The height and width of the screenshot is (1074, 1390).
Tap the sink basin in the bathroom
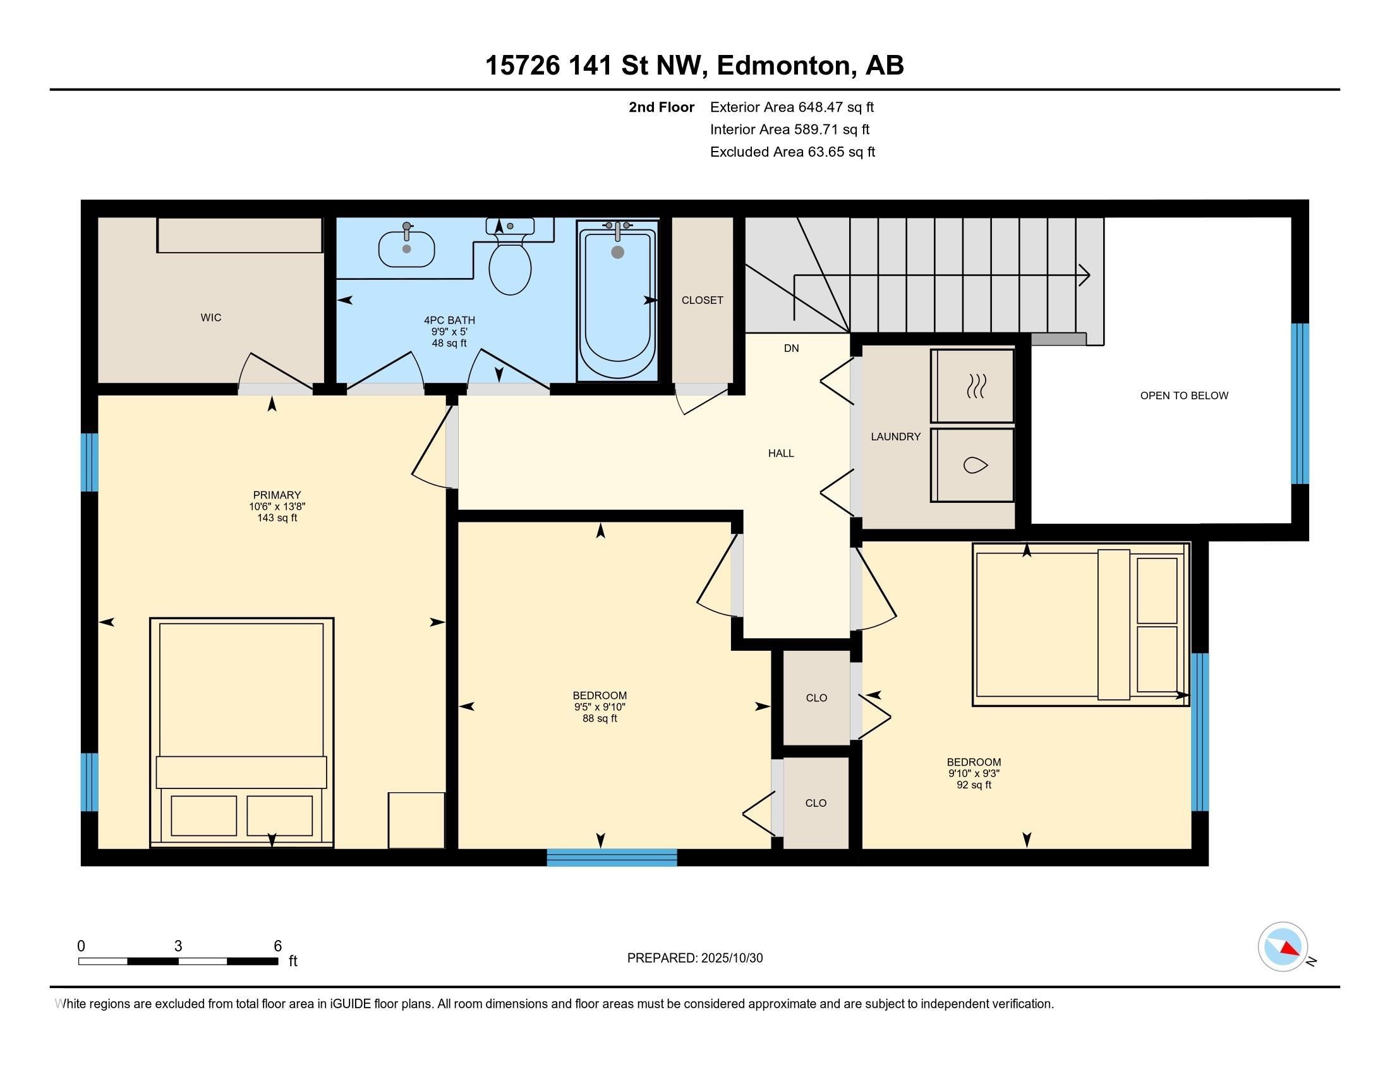click(x=407, y=249)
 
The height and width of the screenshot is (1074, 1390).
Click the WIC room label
click(x=210, y=318)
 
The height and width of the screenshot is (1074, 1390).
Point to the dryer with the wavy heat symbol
click(x=972, y=385)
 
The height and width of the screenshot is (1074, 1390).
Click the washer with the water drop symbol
click(x=972, y=465)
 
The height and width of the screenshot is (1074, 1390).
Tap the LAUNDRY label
click(x=895, y=437)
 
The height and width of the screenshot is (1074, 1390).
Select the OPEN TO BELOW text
click(x=1184, y=395)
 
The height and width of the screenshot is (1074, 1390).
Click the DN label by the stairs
click(x=791, y=348)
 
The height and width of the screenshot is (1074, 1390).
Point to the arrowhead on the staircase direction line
click(x=1084, y=275)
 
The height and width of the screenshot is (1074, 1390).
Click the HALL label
click(x=781, y=453)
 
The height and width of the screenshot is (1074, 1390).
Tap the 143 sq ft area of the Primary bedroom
click(x=277, y=518)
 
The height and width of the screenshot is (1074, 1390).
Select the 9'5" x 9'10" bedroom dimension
click(x=600, y=707)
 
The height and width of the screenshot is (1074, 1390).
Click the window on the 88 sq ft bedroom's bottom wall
click(x=612, y=857)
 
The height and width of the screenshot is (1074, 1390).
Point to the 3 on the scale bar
click(x=178, y=946)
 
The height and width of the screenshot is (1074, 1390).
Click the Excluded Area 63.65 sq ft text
click(x=792, y=152)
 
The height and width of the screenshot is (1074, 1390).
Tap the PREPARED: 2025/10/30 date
click(x=695, y=958)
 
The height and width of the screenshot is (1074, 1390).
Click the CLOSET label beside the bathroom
click(x=702, y=300)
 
